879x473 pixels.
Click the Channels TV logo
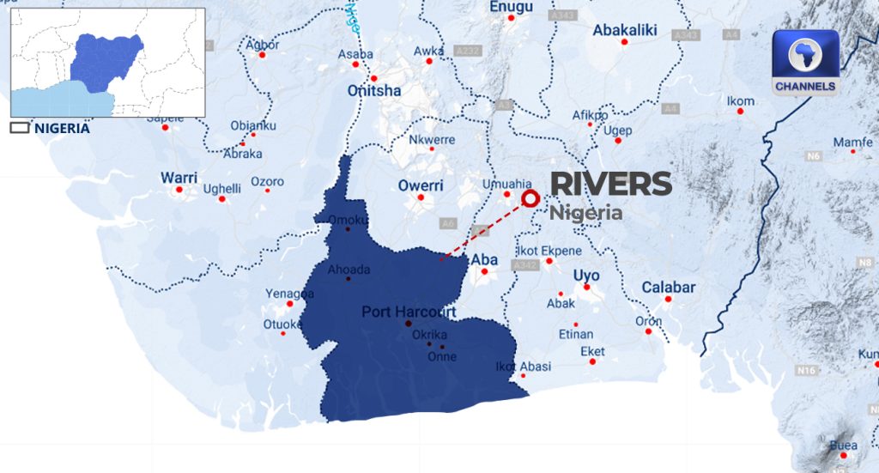[805, 64]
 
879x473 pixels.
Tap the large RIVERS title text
[610, 184]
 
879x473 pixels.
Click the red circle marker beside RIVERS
[530, 198]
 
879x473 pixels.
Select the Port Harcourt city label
[409, 312]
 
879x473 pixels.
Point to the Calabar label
[668, 288]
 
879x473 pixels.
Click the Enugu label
[511, 8]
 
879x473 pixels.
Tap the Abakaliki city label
[625, 31]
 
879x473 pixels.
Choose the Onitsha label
[373, 90]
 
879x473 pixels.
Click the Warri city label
[179, 178]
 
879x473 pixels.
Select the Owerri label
[421, 185]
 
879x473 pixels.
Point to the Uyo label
[586, 276]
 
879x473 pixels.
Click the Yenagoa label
[289, 294]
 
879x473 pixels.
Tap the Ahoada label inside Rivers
[349, 270]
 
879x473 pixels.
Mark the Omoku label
[348, 219]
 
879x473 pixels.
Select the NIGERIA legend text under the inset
[61, 128]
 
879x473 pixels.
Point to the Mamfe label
[852, 142]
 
